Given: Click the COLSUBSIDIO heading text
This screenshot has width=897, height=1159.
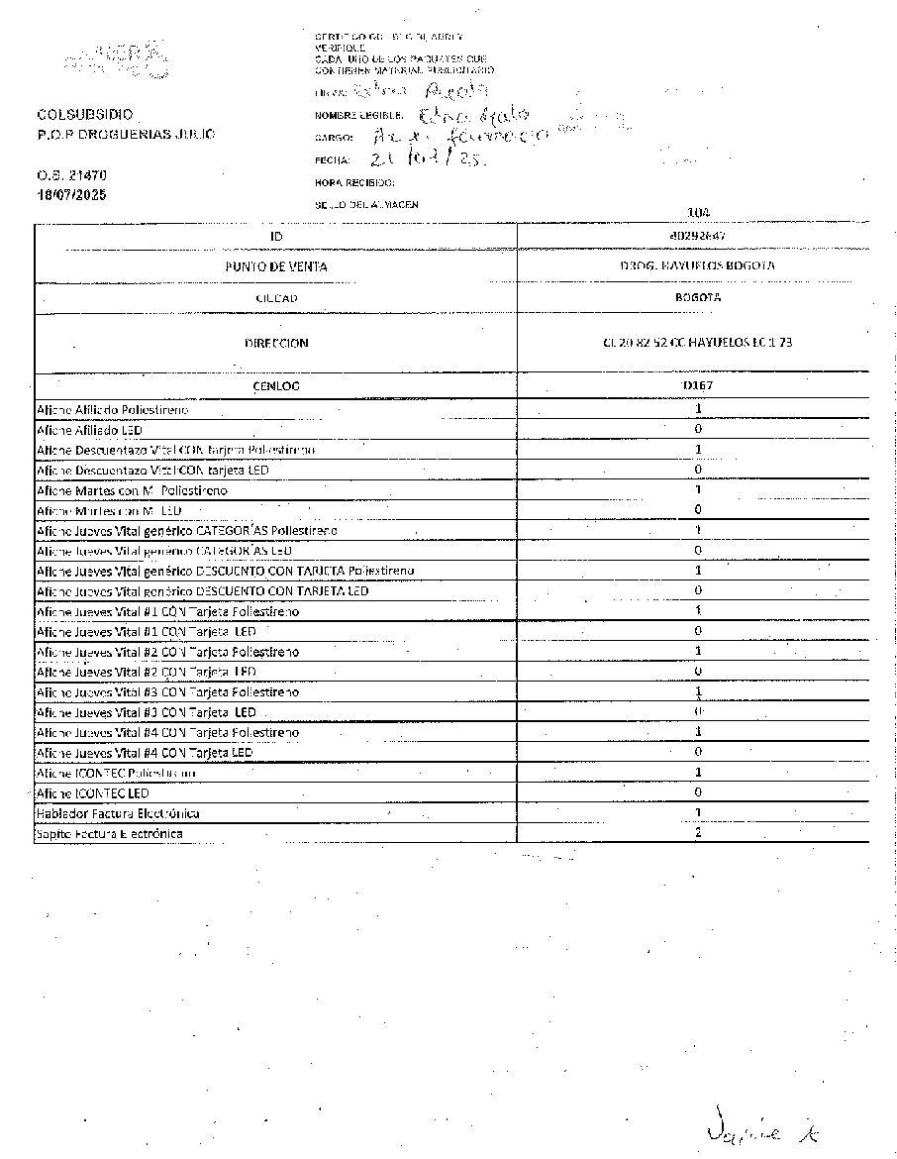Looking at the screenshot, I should click(84, 115).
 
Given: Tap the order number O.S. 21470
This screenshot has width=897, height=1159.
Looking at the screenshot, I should click(71, 175).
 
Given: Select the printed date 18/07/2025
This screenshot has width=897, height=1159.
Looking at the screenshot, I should click(71, 194).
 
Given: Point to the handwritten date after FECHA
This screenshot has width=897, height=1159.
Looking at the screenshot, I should click(421, 159).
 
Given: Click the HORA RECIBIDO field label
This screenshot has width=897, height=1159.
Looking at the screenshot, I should click(354, 182).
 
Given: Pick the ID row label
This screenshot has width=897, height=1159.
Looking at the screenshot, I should click(275, 237).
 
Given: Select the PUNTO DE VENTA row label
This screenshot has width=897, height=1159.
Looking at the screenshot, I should click(275, 266).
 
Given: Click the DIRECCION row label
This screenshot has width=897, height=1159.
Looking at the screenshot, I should click(275, 343).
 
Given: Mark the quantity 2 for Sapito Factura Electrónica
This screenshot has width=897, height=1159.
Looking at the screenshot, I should click(698, 833).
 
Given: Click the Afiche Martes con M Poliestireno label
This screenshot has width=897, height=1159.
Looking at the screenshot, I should click(132, 491).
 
